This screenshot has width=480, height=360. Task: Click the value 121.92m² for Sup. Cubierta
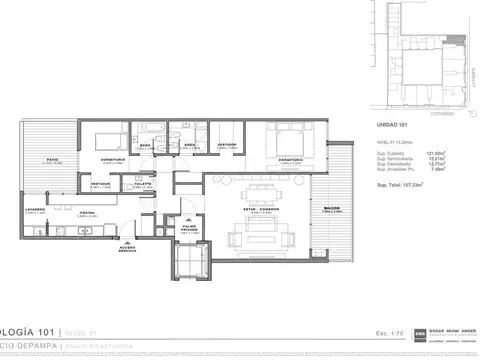pyautogui.click(x=437, y=151)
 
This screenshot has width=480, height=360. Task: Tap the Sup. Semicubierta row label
pyautogui.click(x=396, y=157)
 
